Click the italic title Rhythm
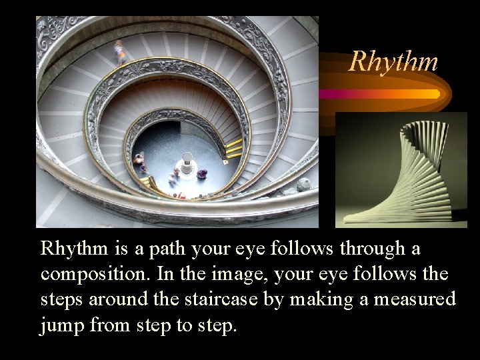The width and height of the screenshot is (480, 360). pos(393,61)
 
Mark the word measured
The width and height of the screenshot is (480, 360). pos(415,299)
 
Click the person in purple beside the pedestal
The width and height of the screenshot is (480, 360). pos(201,174)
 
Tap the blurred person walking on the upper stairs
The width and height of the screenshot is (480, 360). pos(120,51)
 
